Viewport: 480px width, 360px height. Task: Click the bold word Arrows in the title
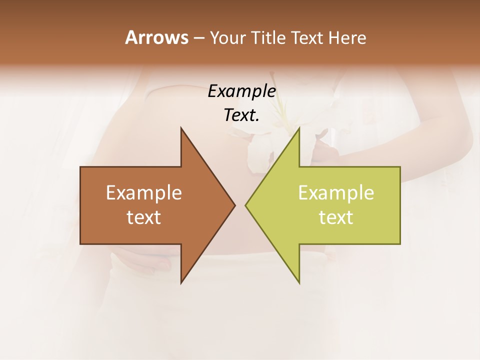pyautogui.click(x=156, y=37)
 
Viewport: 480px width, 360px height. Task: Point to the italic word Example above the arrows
pyautogui.click(x=241, y=91)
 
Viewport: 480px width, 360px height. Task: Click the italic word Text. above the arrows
pyautogui.click(x=241, y=115)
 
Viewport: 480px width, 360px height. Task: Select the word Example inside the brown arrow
pyautogui.click(x=143, y=193)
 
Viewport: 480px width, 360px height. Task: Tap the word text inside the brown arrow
pyautogui.click(x=143, y=217)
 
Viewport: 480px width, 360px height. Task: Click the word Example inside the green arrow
pyautogui.click(x=336, y=193)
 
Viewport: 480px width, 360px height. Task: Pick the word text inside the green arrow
pyautogui.click(x=336, y=217)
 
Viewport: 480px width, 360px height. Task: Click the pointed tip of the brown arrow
pyautogui.click(x=234, y=205)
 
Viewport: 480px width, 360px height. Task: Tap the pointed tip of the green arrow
pyautogui.click(x=246, y=205)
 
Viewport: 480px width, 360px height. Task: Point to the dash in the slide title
pyautogui.click(x=198, y=38)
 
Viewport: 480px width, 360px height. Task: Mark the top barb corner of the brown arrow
pyautogui.click(x=181, y=128)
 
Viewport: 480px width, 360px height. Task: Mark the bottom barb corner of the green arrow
pyautogui.click(x=299, y=282)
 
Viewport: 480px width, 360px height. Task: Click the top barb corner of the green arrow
pyautogui.click(x=299, y=128)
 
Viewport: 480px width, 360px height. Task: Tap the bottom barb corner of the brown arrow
pyautogui.click(x=181, y=282)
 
